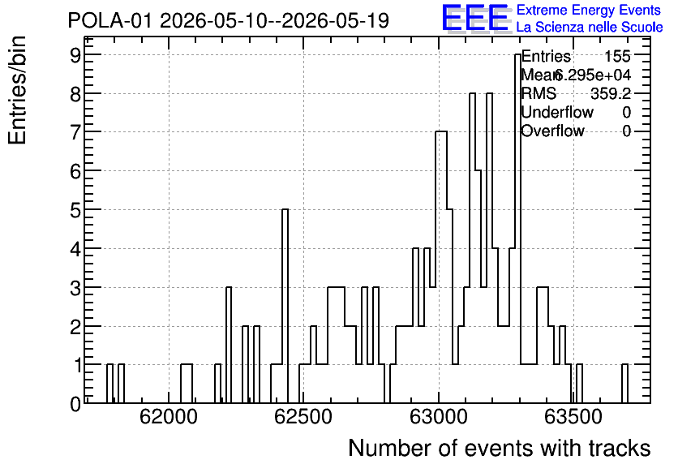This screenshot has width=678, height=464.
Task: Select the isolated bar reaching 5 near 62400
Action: [x=285, y=306]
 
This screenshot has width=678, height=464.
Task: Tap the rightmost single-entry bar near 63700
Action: [x=624, y=384]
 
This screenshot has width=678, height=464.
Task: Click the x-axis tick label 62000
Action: [x=169, y=417]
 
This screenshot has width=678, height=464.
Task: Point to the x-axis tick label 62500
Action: [x=303, y=417]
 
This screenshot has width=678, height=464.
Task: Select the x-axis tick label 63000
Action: [x=439, y=417]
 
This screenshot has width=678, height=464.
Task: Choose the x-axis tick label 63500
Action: [x=573, y=417]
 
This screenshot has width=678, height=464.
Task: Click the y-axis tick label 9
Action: [x=75, y=54]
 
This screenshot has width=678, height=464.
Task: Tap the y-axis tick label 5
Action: [x=75, y=210]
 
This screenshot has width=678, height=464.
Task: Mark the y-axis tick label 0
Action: [x=75, y=404]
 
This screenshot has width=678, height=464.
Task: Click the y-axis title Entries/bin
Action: [x=18, y=90]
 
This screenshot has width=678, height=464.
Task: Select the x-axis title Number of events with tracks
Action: [x=500, y=448]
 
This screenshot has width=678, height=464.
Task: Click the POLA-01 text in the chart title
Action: [x=109, y=20]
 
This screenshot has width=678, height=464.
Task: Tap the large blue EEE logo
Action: [x=475, y=19]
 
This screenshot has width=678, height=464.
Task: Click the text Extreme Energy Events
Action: [x=589, y=10]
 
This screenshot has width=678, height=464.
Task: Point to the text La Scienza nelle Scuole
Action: [x=590, y=28]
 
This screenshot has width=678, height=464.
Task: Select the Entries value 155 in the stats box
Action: [x=617, y=56]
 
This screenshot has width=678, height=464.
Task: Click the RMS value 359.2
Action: [x=611, y=93]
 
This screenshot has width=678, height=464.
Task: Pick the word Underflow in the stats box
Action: [x=557, y=112]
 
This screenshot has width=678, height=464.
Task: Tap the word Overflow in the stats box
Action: [x=552, y=131]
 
